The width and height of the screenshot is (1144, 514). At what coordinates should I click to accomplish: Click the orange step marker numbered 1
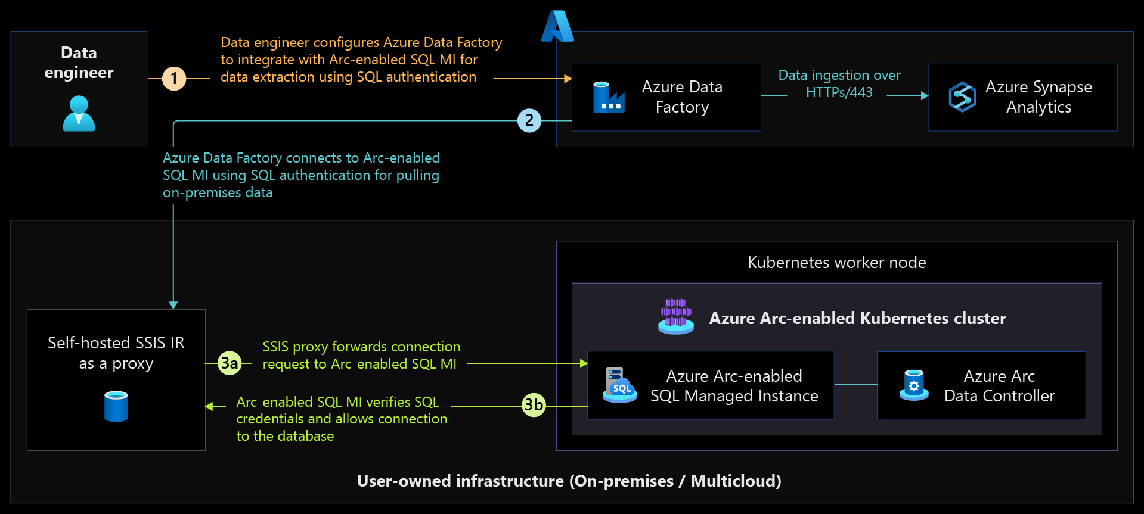click(x=174, y=79)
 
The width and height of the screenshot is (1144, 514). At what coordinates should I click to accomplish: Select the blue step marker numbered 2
click(x=529, y=120)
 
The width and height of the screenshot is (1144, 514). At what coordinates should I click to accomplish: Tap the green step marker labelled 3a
click(x=230, y=363)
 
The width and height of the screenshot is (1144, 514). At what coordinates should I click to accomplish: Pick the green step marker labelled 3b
click(x=534, y=406)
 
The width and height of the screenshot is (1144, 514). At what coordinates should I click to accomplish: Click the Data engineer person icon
click(x=79, y=113)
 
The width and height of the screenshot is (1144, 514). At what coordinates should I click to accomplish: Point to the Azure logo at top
click(x=557, y=26)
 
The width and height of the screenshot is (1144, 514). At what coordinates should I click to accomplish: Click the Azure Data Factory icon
click(x=609, y=97)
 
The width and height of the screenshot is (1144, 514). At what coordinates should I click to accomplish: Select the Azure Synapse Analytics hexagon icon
click(x=962, y=97)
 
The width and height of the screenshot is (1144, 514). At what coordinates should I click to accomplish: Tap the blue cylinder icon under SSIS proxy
click(x=116, y=406)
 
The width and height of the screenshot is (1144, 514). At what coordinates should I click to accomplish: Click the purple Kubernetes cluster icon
click(x=676, y=316)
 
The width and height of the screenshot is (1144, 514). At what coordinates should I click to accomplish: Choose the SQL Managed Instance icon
click(x=619, y=385)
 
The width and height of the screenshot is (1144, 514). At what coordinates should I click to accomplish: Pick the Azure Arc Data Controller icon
click(x=914, y=385)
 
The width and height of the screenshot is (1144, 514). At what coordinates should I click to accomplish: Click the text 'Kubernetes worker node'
click(x=836, y=263)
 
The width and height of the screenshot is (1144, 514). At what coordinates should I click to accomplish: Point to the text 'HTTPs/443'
click(x=839, y=92)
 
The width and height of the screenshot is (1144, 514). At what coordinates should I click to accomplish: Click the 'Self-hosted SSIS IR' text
click(x=116, y=343)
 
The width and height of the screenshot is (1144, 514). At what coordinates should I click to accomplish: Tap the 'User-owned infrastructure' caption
click(x=569, y=481)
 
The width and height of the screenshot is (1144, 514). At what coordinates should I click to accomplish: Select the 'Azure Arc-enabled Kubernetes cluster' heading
click(x=857, y=319)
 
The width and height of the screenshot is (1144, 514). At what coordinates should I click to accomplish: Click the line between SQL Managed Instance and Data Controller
click(x=855, y=385)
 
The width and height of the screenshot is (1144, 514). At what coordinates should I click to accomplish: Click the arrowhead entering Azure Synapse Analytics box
click(x=925, y=95)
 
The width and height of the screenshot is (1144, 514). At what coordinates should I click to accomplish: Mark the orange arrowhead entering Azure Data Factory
click(x=568, y=79)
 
